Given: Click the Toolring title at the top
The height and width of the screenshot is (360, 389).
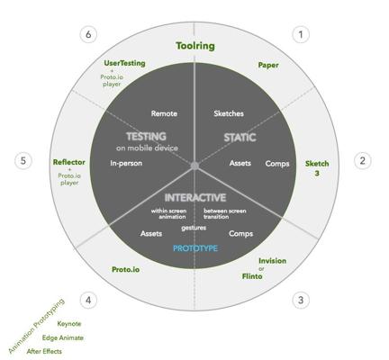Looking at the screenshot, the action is click(195, 46).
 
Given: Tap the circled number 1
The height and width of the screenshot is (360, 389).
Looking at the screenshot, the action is click(301, 34).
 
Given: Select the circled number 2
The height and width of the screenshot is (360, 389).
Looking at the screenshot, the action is click(363, 161).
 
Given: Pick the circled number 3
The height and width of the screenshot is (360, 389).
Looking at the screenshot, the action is click(301, 300).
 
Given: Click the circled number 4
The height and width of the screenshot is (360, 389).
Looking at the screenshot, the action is click(88, 300).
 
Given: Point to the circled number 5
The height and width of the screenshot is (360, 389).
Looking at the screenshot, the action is click(23, 161).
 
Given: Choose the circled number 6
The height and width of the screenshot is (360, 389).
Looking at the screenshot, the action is click(88, 34).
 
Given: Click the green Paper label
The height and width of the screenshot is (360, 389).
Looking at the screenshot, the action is click(268, 65).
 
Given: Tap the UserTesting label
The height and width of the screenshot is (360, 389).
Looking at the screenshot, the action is click(124, 63).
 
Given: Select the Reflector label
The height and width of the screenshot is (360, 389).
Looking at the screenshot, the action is click(69, 162).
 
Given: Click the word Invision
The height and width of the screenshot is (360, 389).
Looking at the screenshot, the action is click(272, 261).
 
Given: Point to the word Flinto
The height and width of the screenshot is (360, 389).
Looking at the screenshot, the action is click(252, 276).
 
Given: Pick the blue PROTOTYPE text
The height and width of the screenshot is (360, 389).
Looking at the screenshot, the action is click(195, 248).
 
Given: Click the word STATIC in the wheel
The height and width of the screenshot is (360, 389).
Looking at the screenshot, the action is click(240, 138).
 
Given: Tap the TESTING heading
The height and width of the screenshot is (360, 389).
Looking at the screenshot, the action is click(146, 137).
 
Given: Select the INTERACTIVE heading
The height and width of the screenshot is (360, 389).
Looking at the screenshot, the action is click(195, 198).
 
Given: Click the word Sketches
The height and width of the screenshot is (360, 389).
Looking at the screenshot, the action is click(229, 113).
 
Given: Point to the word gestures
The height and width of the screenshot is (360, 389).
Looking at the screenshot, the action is click(194, 228).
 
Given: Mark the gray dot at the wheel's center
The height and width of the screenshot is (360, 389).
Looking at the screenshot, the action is click(194, 166).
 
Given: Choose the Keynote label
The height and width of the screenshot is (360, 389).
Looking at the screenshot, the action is click(69, 324).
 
